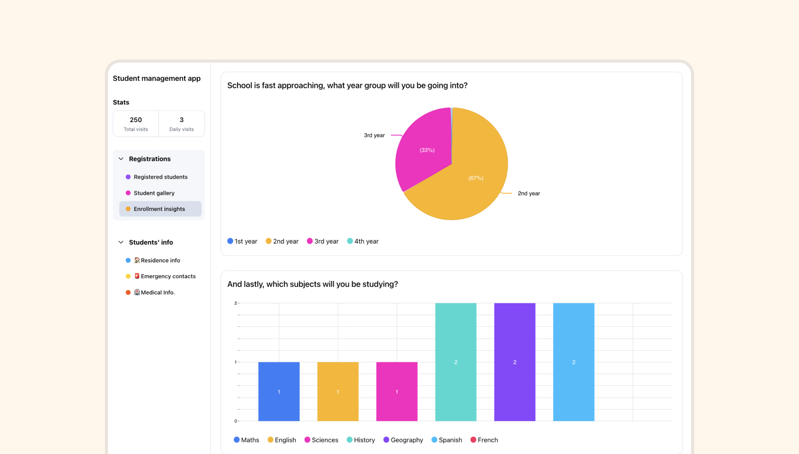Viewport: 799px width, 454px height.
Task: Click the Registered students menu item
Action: click(160, 177)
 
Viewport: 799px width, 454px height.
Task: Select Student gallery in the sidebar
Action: click(154, 193)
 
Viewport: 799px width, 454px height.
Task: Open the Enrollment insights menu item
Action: click(159, 209)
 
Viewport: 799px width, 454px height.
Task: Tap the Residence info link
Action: click(160, 260)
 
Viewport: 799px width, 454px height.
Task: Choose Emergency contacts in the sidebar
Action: click(168, 276)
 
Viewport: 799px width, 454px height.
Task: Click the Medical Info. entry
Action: click(157, 293)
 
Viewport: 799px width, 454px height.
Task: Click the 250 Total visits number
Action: click(136, 120)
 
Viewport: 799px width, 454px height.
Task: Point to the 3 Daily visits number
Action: click(182, 120)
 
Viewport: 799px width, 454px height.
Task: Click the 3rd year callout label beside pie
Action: click(374, 135)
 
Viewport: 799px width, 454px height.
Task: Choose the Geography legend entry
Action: click(403, 440)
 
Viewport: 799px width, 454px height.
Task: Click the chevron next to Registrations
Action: click(121, 159)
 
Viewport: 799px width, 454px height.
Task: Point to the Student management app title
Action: click(156, 78)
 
